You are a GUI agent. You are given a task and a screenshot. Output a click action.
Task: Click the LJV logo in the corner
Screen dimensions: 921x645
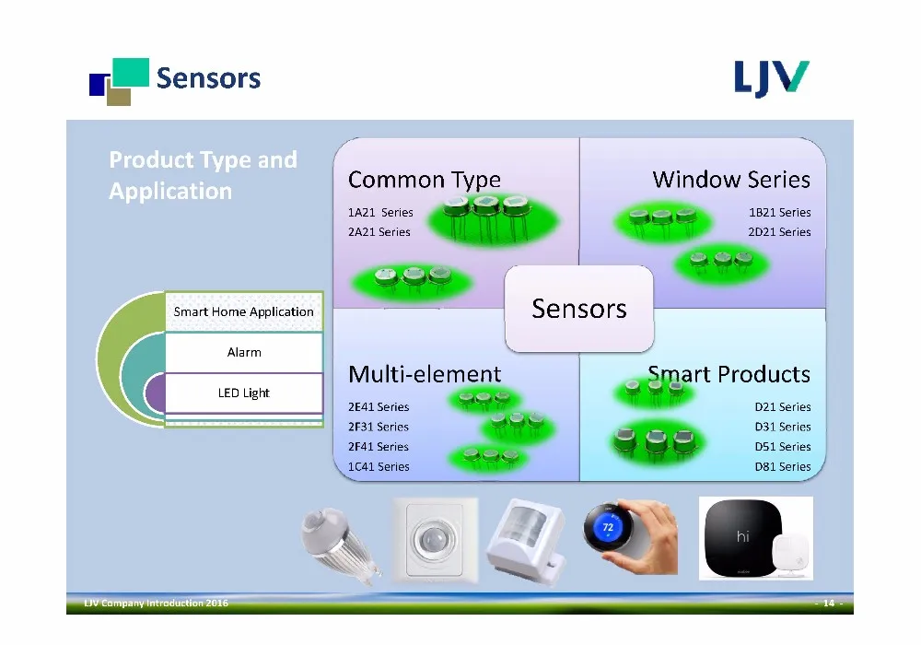tap(771, 78)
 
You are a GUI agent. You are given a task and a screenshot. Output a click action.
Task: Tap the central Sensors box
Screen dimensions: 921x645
tap(579, 309)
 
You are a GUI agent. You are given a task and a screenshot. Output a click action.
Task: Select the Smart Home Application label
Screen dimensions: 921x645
tap(244, 312)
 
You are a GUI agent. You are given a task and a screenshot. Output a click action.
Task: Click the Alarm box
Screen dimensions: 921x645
tap(244, 353)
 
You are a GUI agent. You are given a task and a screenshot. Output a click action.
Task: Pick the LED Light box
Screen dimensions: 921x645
tap(244, 393)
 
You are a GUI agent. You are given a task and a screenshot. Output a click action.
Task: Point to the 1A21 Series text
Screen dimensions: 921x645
tap(380, 213)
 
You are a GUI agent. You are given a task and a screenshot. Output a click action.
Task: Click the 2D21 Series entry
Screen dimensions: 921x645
tap(779, 232)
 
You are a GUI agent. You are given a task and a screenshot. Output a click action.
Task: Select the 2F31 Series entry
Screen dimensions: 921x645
tap(379, 427)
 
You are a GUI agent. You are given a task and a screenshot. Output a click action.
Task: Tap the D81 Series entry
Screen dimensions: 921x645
tap(782, 467)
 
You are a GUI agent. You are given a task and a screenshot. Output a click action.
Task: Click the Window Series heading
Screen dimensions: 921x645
tap(731, 179)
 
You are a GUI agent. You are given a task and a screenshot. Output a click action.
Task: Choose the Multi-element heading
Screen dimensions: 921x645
tap(425, 374)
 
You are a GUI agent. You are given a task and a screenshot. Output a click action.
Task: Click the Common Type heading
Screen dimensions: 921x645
tap(424, 181)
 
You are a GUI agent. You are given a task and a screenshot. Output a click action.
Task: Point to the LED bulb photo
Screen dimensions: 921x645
tap(341, 544)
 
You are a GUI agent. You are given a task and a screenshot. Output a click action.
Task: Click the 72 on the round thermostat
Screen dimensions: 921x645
tap(608, 527)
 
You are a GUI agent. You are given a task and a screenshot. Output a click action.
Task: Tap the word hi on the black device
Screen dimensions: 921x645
tap(742, 536)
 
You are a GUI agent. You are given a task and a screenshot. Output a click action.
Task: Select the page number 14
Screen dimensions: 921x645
tap(829, 604)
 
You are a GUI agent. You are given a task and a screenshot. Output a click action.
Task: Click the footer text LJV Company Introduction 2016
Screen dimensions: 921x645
tap(157, 604)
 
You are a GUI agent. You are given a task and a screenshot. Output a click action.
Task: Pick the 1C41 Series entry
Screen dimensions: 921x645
tap(379, 467)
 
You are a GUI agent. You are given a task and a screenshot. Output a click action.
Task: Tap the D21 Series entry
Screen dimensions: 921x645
tap(782, 407)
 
